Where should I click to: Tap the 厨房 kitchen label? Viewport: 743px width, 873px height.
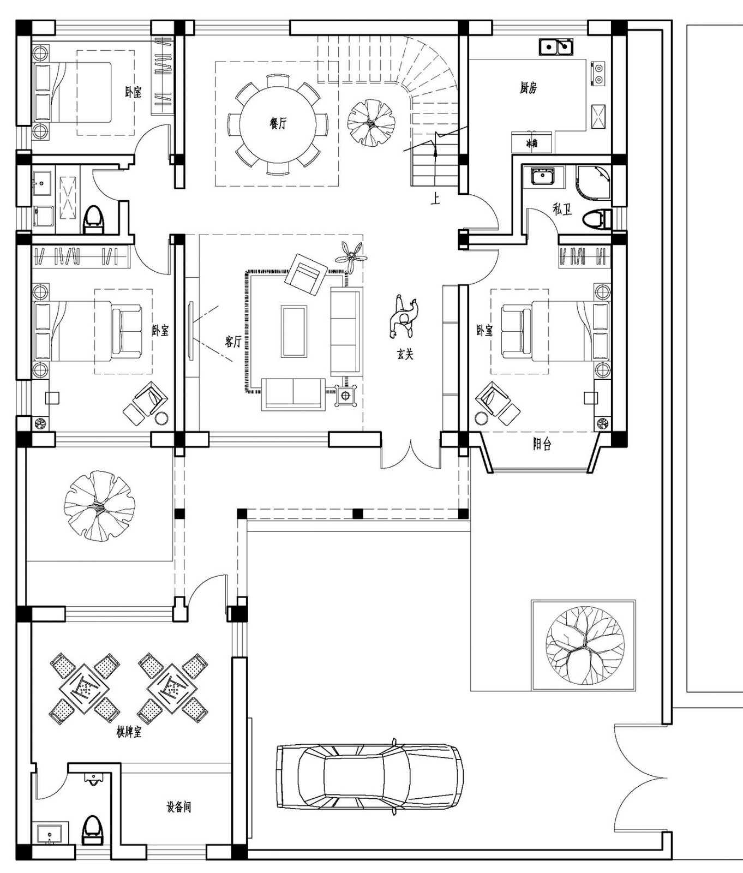(x=528, y=88)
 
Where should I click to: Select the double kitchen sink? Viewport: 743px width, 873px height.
(x=556, y=47)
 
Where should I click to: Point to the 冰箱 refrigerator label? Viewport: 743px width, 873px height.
(x=531, y=143)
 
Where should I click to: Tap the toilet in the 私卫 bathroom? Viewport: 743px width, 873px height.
(x=595, y=219)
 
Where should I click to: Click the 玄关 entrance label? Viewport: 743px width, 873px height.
(x=405, y=355)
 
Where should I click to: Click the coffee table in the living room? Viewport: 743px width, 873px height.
(x=294, y=331)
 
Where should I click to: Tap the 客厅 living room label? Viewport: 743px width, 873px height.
(x=233, y=342)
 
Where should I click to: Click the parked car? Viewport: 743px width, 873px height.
(x=369, y=776)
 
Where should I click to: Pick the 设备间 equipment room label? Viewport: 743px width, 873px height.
(x=179, y=806)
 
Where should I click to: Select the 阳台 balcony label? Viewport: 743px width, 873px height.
(x=542, y=445)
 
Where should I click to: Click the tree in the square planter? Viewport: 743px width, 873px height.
(x=584, y=645)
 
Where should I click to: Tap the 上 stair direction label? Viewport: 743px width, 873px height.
(x=435, y=199)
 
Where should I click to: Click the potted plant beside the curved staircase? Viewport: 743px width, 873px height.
(x=370, y=122)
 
